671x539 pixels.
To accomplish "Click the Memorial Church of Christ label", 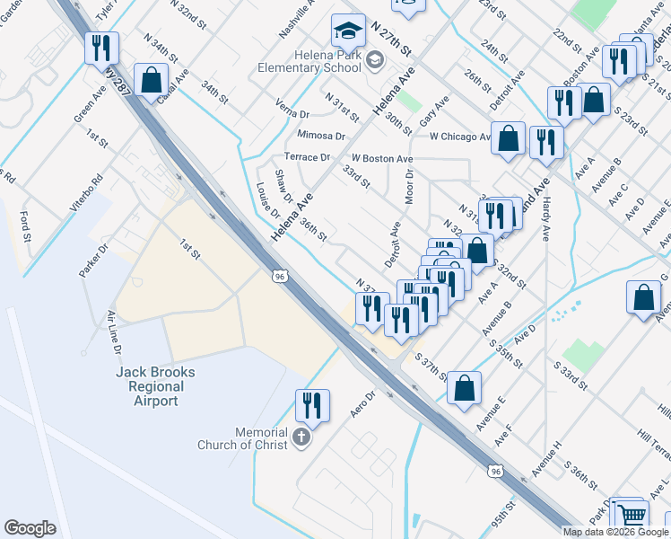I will [x=248, y=438].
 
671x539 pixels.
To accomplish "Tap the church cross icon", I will [x=302, y=439].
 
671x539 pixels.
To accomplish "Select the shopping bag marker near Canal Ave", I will [x=152, y=80].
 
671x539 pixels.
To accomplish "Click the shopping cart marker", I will [x=632, y=515].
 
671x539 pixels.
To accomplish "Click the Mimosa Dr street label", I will [x=320, y=136].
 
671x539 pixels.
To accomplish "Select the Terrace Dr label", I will [x=307, y=157].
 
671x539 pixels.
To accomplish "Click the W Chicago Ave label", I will [x=460, y=137].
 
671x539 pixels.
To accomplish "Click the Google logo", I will [x=30, y=528].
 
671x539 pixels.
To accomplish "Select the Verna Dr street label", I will [x=292, y=112].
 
